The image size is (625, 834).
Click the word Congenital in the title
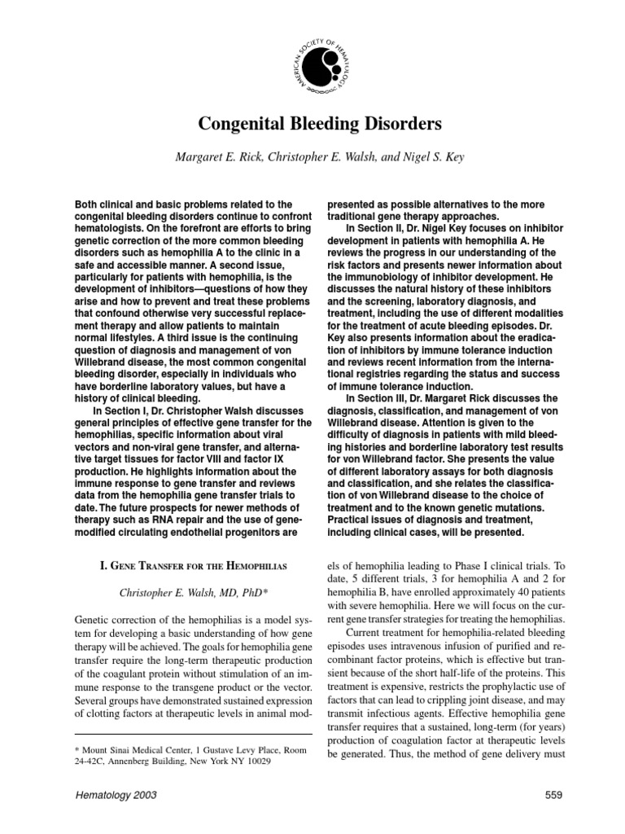pos(239,125)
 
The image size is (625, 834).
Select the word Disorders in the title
pos(401,125)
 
